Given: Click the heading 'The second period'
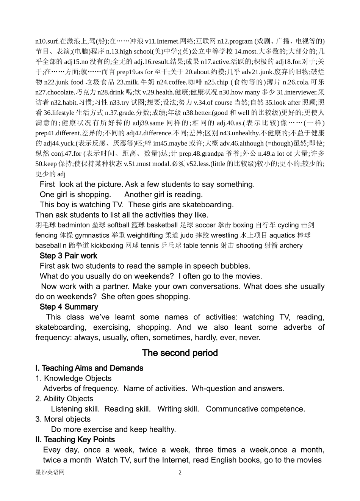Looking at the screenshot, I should [180, 353].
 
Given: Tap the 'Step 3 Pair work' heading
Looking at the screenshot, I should [68, 256].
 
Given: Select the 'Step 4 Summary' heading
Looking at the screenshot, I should [69, 307].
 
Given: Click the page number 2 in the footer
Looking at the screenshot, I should [180, 473].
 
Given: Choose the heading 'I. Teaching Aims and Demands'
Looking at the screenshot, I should [89, 368].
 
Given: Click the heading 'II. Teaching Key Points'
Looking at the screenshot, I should [75, 440].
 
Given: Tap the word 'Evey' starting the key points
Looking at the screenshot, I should [52, 450].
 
